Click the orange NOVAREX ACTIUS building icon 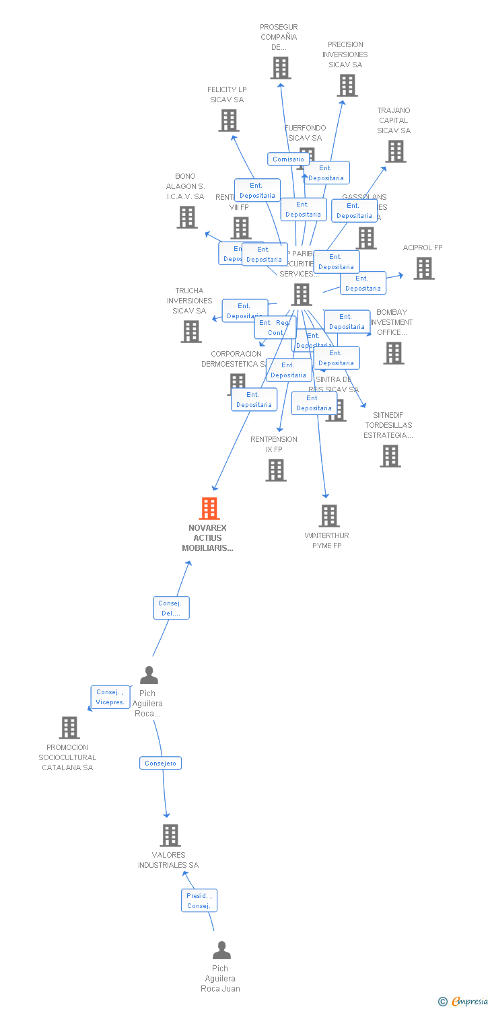pyautogui.click(x=209, y=508)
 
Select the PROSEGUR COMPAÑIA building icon pyautogui.click(x=281, y=68)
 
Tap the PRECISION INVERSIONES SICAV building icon pyautogui.click(x=347, y=85)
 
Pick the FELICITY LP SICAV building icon pyautogui.click(x=229, y=120)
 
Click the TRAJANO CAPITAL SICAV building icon pyautogui.click(x=396, y=151)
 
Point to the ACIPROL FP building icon pyautogui.click(x=423, y=268)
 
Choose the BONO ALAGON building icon pyautogui.click(x=187, y=217)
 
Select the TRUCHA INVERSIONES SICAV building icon pyautogui.click(x=191, y=331)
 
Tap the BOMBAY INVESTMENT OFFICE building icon pyautogui.click(x=394, y=352)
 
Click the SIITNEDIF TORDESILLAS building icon pyautogui.click(x=390, y=456)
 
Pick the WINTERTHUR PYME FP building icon pyautogui.click(x=328, y=516)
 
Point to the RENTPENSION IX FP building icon pyautogui.click(x=276, y=470)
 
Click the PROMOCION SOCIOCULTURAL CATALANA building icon pyautogui.click(x=69, y=727)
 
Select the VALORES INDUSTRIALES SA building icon pyautogui.click(x=170, y=835)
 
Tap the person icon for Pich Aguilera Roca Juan pyautogui.click(x=221, y=950)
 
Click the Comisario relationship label pyautogui.click(x=288, y=159)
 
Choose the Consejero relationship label pyautogui.click(x=161, y=763)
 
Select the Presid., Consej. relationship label pyautogui.click(x=199, y=901)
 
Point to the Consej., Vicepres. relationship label pyautogui.click(x=110, y=697)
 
